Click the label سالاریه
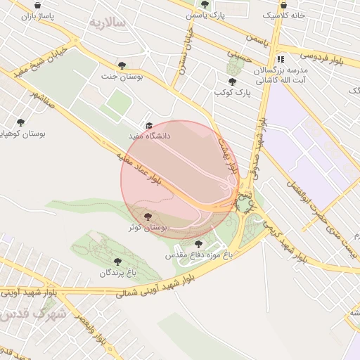pos(106,22)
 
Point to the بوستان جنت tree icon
pos(122,65)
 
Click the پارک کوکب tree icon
pos(232,82)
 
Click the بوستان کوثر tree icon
pos(147,217)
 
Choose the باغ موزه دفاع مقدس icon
pos(197,244)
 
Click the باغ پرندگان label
pos(117,272)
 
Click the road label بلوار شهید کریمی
pos(282,238)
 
